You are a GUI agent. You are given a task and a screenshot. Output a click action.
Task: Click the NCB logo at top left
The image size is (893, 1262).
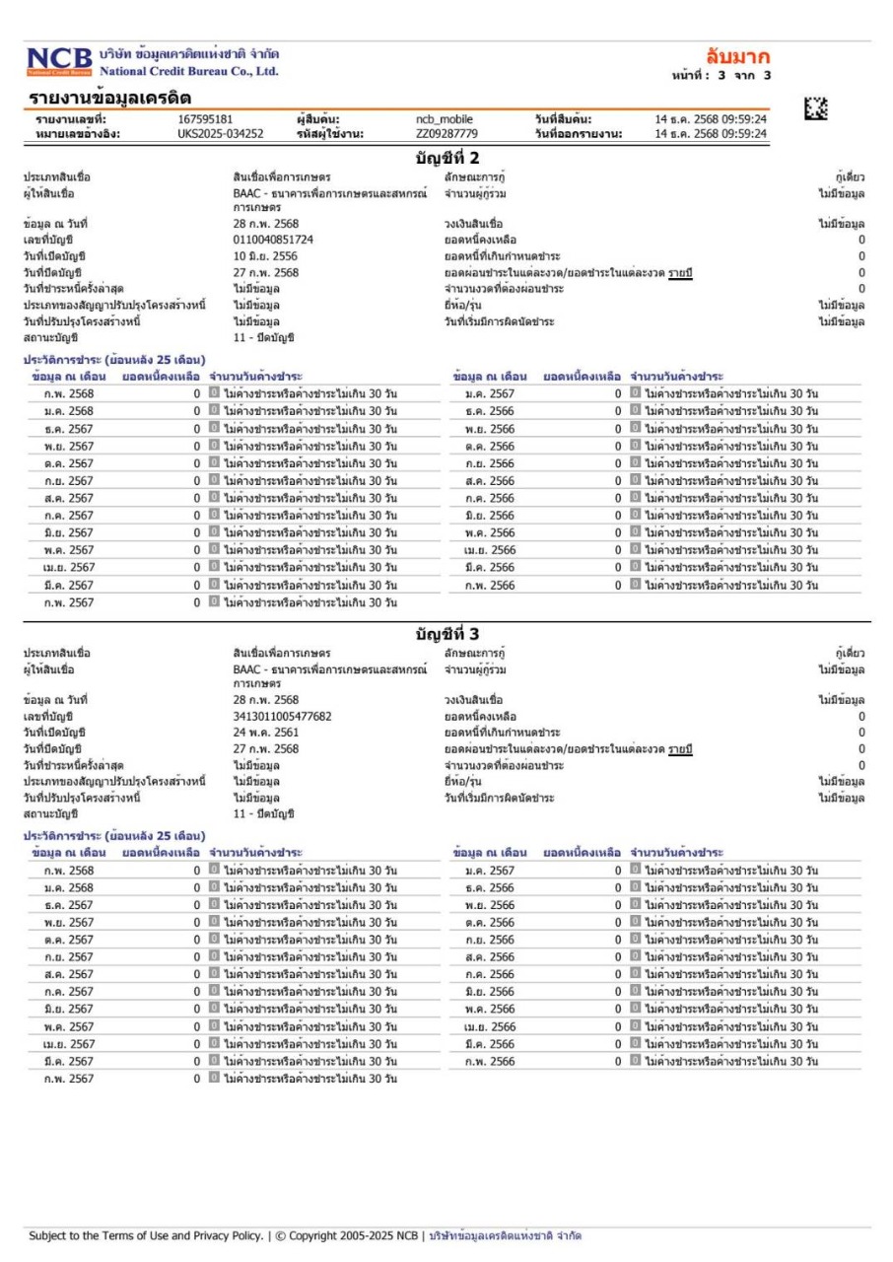click(x=59, y=61)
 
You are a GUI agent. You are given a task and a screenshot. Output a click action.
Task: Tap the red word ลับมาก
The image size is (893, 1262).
click(x=738, y=55)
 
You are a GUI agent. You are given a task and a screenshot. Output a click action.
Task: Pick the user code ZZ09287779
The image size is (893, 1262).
click(x=446, y=134)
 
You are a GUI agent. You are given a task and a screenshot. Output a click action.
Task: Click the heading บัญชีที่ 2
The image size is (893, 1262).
click(x=446, y=158)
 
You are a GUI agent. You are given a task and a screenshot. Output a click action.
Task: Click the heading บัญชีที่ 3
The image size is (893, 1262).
click(x=446, y=633)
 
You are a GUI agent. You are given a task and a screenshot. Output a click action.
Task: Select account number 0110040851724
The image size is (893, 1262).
click(x=273, y=240)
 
